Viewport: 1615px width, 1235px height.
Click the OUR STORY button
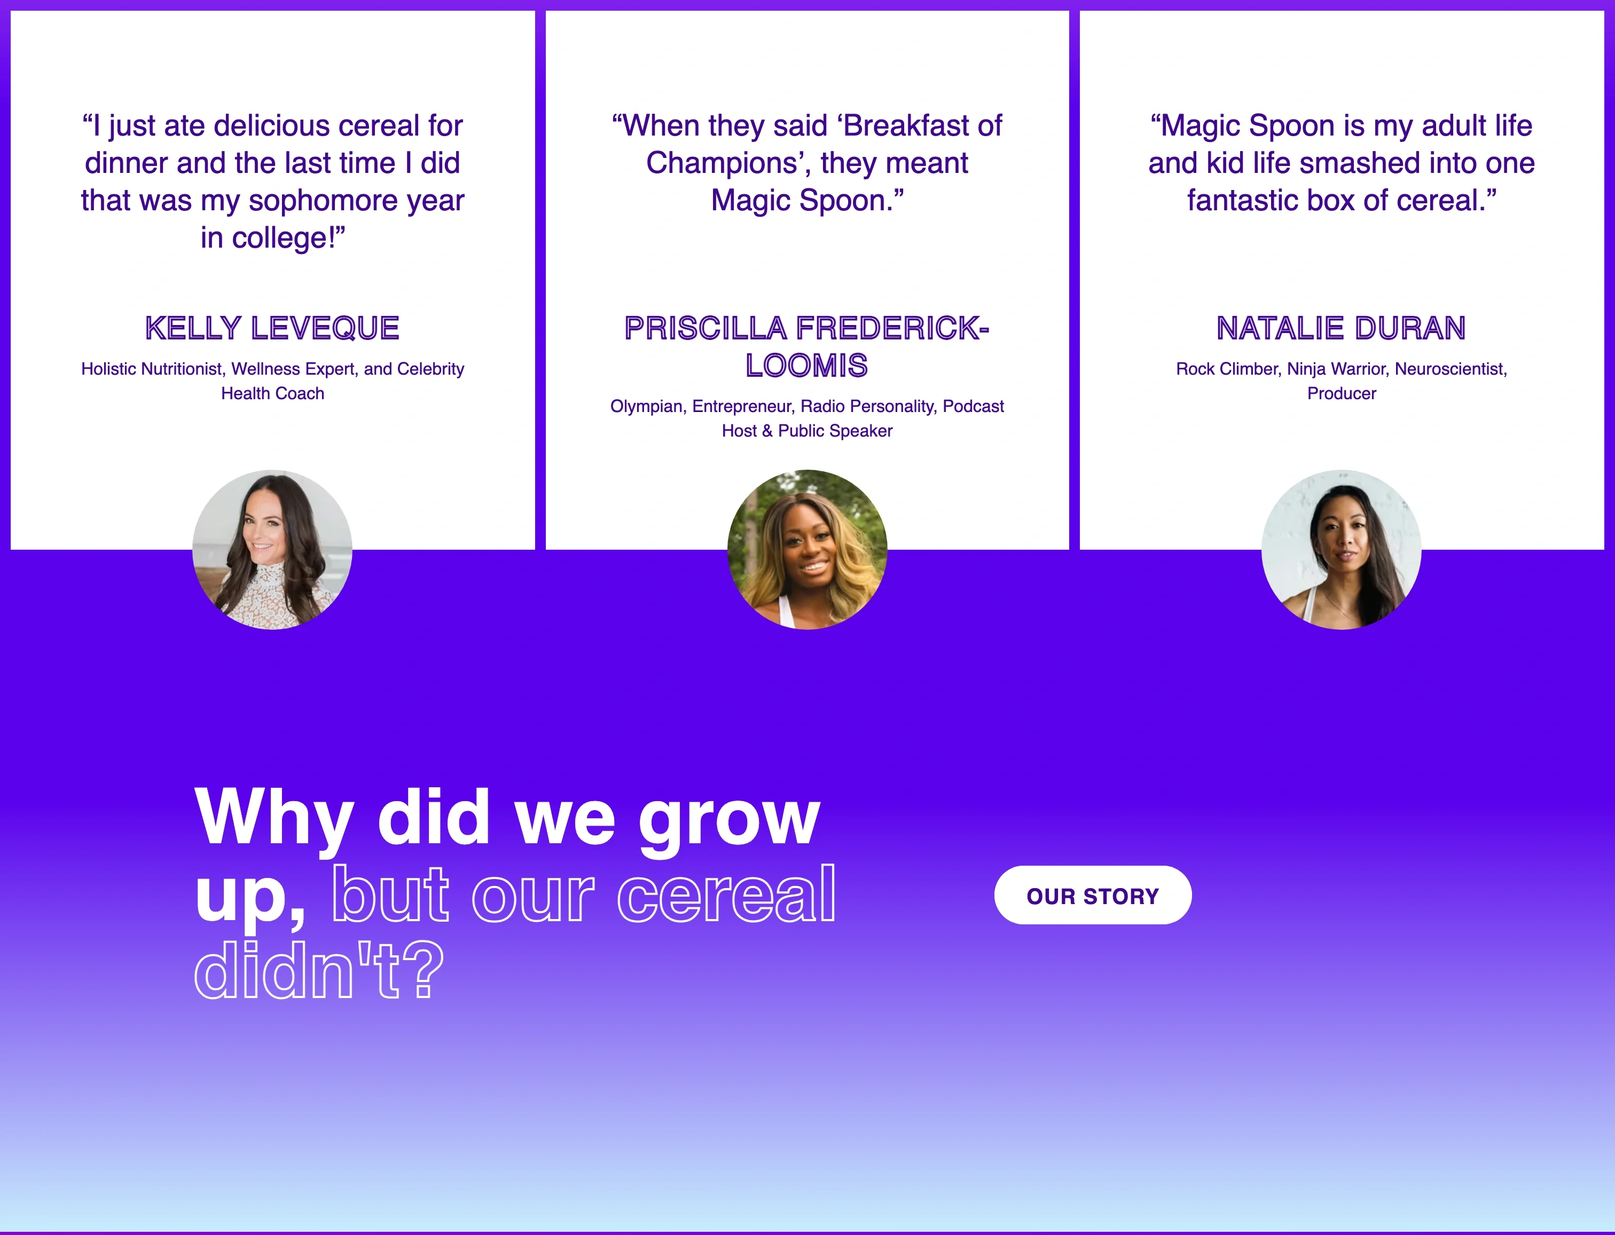point(1093,896)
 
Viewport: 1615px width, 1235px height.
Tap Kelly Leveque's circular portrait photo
point(272,550)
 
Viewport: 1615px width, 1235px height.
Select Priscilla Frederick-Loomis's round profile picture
point(807,550)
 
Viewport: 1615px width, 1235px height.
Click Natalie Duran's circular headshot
point(1342,550)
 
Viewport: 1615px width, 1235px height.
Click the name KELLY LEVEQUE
point(272,328)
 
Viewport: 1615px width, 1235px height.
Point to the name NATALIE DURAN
point(1342,328)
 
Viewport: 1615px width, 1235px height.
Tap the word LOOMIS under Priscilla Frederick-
point(807,366)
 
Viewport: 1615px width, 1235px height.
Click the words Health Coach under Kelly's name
point(273,393)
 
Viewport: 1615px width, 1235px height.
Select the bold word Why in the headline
point(273,818)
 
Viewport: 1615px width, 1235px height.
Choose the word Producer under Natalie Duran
point(1342,393)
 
